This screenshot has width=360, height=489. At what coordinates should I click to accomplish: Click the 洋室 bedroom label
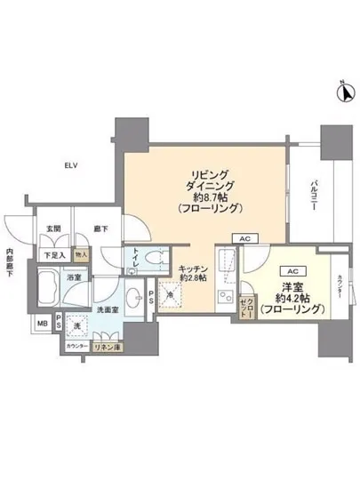click(292, 288)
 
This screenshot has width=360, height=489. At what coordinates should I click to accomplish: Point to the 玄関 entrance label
click(53, 229)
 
